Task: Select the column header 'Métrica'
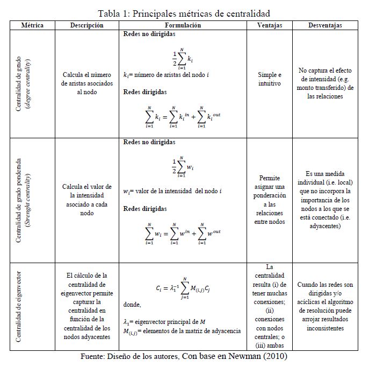pos(32,25)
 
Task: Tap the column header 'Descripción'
pos(88,25)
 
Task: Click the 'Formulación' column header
pos(183,25)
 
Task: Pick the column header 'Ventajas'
pos(270,25)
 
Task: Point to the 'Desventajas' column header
pos(326,25)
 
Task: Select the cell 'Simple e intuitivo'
pos(270,79)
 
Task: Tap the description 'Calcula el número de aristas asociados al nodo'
pos(86,83)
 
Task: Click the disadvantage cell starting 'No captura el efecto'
pos(326,83)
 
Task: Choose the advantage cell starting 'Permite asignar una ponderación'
pos(270,200)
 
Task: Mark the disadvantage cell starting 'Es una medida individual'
pos(326,200)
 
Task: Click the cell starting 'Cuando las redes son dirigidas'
pos(326,306)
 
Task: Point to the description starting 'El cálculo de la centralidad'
pos(86,306)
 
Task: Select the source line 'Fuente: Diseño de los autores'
pos(184,357)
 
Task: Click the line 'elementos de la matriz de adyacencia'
pos(182,330)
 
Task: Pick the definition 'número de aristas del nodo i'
pos(165,75)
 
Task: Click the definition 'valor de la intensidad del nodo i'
pos(172,191)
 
